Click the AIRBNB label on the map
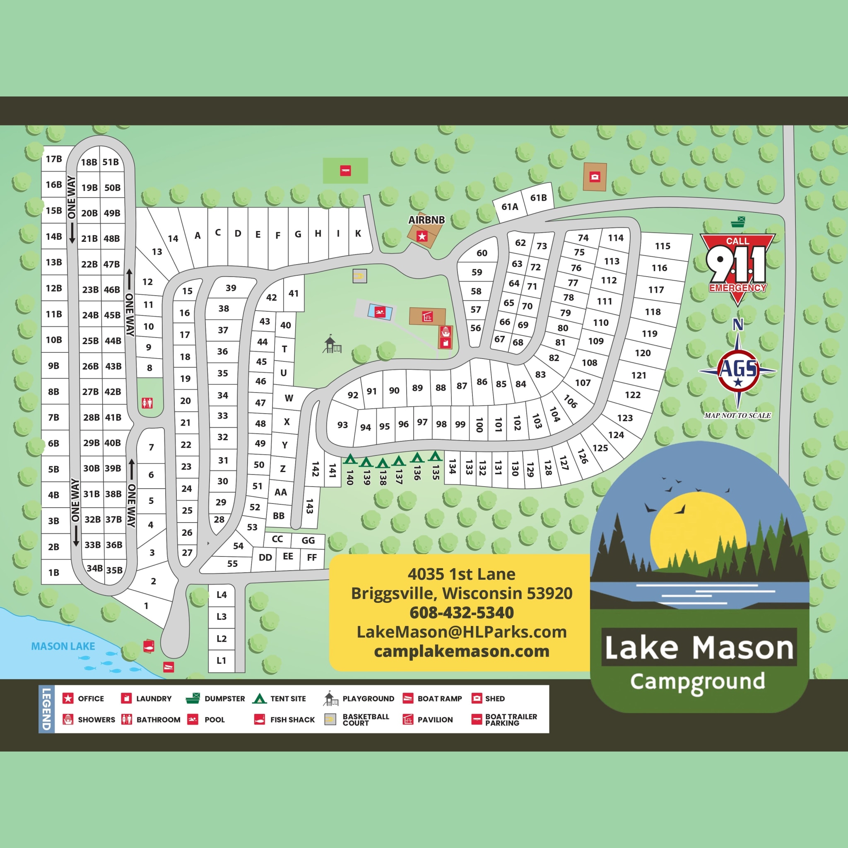pos(426,220)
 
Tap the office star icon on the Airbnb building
pos(422,236)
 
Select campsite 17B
pos(54,159)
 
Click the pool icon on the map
pos(380,312)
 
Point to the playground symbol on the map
pos(332,344)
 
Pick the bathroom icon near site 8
pos(147,402)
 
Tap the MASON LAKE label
pos(63,646)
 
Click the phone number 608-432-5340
pos(461,612)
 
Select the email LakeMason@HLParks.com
pos(461,631)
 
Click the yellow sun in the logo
pos(698,531)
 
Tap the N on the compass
pos(738,325)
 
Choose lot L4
pos(222,595)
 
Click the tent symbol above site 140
pos(350,460)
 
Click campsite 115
pos(662,246)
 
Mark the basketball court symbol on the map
pos(359,276)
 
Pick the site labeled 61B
pos(539,198)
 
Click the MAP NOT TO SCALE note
pos(737,415)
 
